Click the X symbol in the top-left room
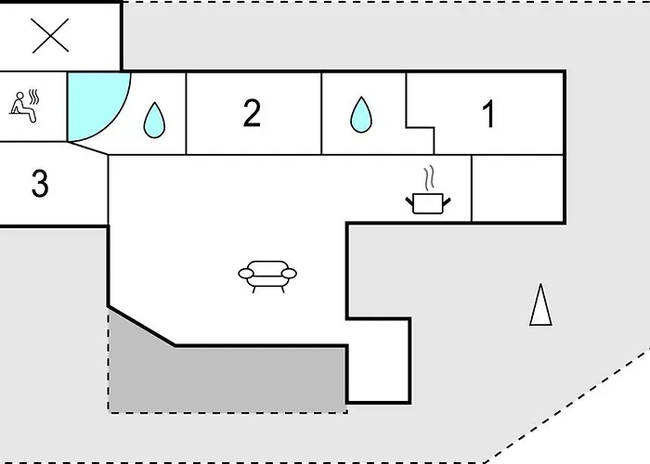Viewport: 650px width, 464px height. (x=50, y=35)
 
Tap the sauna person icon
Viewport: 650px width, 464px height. (x=24, y=107)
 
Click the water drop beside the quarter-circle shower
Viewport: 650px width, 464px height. (x=154, y=120)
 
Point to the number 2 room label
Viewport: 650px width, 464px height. (x=252, y=112)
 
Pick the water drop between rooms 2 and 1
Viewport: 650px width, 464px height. (x=361, y=115)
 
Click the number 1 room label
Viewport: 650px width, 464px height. (x=489, y=113)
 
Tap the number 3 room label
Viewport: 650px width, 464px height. (x=40, y=183)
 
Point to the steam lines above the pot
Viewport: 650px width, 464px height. (x=429, y=178)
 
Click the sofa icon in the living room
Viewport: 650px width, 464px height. (x=267, y=277)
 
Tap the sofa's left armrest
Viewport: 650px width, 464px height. (x=246, y=274)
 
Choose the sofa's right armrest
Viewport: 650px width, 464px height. (x=290, y=274)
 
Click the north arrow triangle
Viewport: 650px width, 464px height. (x=540, y=304)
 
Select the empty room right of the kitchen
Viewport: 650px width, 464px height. (x=517, y=188)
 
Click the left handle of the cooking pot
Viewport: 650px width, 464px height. (x=409, y=202)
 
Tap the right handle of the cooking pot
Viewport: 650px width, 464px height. (x=447, y=202)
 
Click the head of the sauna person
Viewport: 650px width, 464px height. (x=19, y=97)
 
